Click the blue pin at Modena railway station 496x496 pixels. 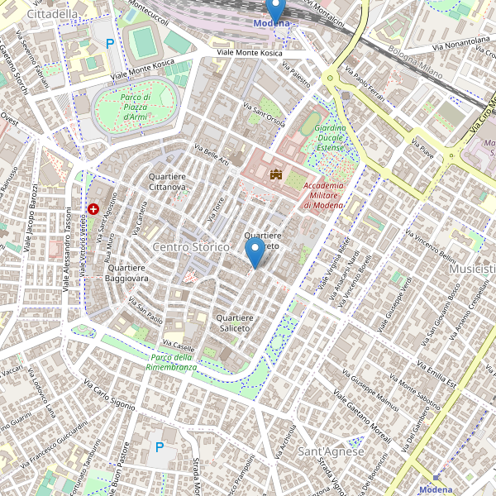click(276, 10)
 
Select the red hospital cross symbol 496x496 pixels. click(93, 209)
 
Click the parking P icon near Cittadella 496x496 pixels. click(110, 43)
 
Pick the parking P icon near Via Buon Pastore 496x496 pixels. click(160, 447)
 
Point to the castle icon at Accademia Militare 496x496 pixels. click(275, 174)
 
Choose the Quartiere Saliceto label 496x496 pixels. click(234, 323)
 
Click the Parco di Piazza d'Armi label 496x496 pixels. click(135, 107)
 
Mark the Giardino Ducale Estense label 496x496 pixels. click(330, 139)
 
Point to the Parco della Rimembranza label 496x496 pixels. click(172, 360)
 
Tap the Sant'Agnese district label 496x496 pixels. click(331, 451)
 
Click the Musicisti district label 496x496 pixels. click(472, 269)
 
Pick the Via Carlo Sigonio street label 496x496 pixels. click(109, 394)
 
